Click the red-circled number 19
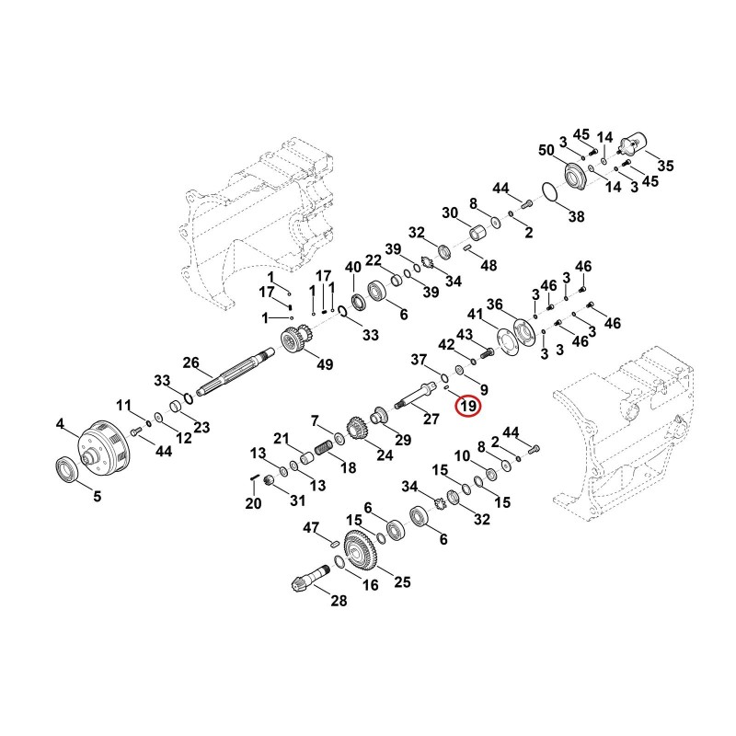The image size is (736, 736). coord(468,406)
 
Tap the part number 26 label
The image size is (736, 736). coord(191,362)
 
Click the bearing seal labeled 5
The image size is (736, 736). coord(68,469)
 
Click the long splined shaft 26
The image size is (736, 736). coord(235,373)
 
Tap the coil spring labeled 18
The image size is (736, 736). coord(323,448)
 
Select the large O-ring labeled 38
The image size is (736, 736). coord(549,193)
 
